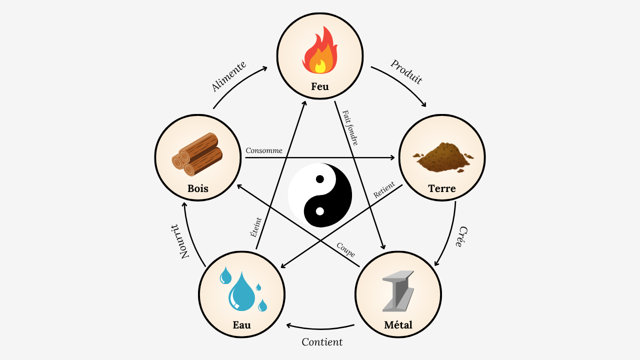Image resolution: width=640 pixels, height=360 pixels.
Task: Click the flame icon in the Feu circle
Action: [x=320, y=52]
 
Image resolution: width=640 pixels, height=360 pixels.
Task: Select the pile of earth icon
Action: [x=443, y=156]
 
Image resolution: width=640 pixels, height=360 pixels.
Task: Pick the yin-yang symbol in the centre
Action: [x=320, y=195]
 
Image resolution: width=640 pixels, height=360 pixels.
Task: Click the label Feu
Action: [x=320, y=86]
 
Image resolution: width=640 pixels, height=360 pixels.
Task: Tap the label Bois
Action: [x=198, y=188]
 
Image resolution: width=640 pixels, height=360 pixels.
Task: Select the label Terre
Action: [x=442, y=188]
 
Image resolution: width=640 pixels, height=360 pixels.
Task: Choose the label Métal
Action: [x=398, y=325]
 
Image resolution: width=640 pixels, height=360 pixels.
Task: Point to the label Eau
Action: [x=241, y=325]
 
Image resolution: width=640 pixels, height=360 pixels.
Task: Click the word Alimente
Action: [x=228, y=76]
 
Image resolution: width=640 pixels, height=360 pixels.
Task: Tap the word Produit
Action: [x=406, y=72]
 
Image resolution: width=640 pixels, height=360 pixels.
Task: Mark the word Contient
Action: [x=322, y=342]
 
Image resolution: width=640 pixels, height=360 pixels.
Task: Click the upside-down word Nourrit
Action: [x=178, y=240]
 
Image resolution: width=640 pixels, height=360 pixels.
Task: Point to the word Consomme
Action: [x=264, y=150]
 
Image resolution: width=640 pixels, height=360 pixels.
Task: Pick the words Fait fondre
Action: [x=350, y=127]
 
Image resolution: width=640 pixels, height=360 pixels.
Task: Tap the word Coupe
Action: [x=345, y=250]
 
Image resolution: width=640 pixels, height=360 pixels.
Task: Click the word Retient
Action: [x=384, y=190]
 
